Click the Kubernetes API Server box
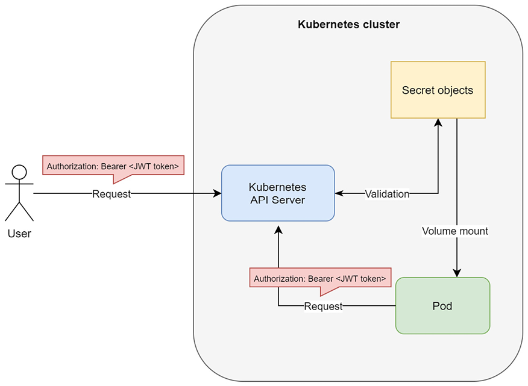[x=278, y=193]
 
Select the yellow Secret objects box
[x=438, y=90]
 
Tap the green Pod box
[x=442, y=305]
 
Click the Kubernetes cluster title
[x=348, y=25]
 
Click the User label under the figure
[x=19, y=234]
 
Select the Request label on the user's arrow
[x=112, y=194]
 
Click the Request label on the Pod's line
[x=323, y=307]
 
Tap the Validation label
[x=387, y=194]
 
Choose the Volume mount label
[x=455, y=231]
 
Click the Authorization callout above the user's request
[x=113, y=165]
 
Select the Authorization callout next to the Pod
[x=320, y=279]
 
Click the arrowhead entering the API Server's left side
[x=218, y=194]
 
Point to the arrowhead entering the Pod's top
[x=457, y=273]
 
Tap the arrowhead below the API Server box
[x=278, y=230]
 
